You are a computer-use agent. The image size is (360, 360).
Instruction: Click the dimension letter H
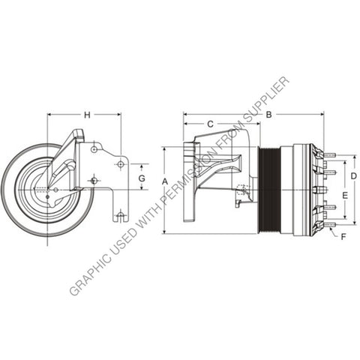coord(87,115)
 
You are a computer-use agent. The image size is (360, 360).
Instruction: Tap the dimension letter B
coord(268,115)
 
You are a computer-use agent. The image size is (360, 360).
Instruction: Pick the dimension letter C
coord(210,123)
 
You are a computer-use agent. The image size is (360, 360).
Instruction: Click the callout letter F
coord(343,237)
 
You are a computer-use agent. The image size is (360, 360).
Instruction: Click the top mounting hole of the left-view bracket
coord(94,149)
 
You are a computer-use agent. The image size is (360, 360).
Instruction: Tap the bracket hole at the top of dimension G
coord(120,163)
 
